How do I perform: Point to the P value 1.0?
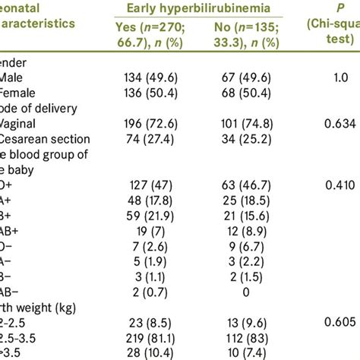333,77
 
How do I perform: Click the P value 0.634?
333,123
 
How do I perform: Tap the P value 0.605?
333,321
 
